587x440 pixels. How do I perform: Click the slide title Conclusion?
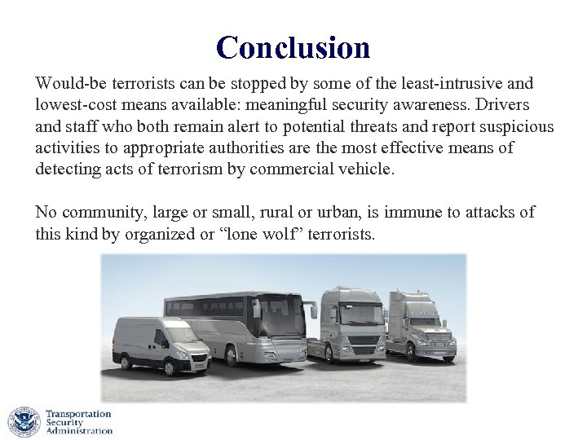pyautogui.click(x=293, y=47)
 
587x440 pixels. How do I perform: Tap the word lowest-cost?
pyautogui.click(x=72, y=106)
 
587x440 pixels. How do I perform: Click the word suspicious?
pyautogui.click(x=511, y=127)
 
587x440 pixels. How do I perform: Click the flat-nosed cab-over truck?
pyautogui.click(x=352, y=326)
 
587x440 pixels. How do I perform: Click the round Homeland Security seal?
pyautogui.click(x=24, y=422)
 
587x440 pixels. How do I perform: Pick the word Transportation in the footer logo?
pyautogui.click(x=78, y=414)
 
